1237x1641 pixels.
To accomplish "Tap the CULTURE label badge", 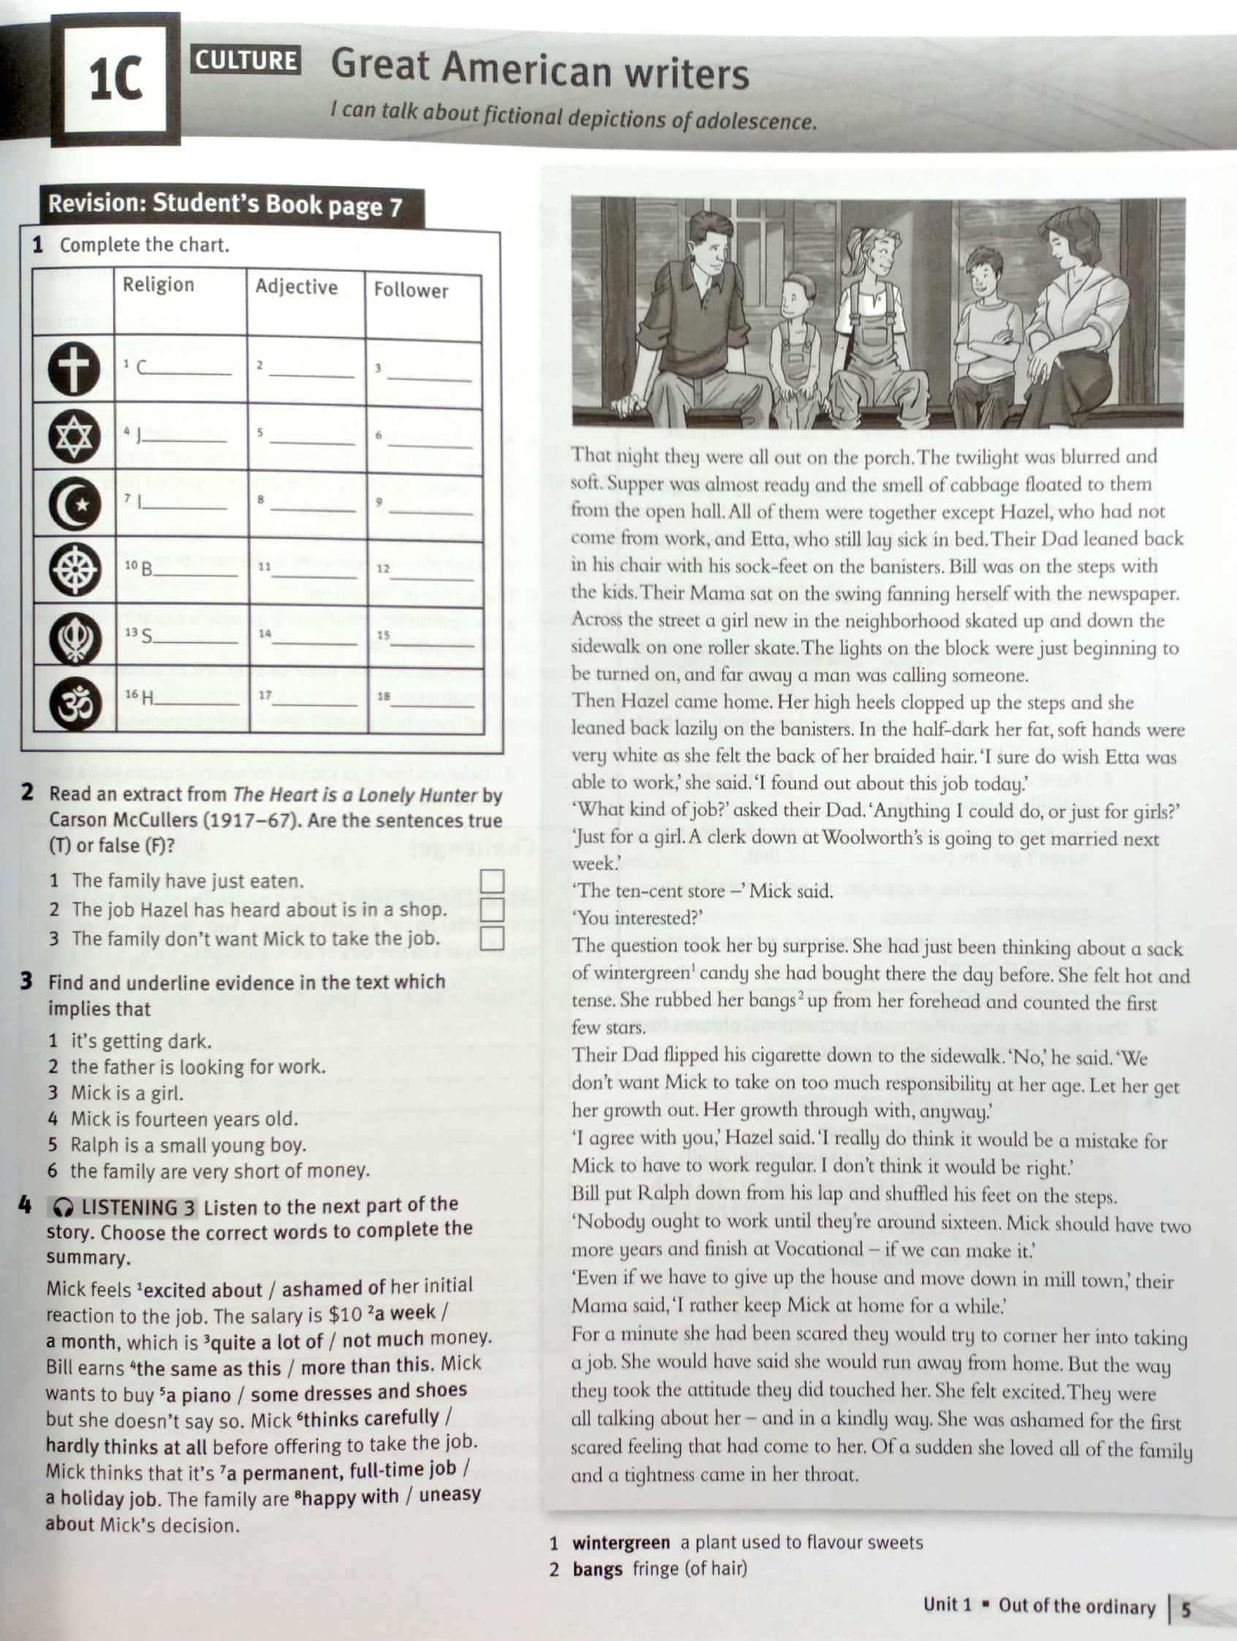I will (246, 60).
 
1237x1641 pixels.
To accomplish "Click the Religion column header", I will (158, 285).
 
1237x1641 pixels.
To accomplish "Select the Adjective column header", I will (296, 287).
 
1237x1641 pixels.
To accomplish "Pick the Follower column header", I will (411, 290).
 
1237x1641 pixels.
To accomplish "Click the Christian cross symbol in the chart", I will (74, 369).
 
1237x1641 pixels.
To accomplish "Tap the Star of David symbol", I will (74, 435).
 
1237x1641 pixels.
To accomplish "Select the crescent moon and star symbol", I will (75, 503).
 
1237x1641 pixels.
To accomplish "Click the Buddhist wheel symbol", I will (75, 570).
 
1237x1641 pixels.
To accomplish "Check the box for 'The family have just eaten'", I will (492, 881).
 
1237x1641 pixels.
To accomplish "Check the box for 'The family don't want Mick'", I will (492, 938).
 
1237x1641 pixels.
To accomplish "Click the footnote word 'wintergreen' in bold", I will (621, 1543).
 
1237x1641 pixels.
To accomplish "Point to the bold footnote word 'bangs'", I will (597, 1570).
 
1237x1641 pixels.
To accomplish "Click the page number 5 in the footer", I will (1186, 1609).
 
